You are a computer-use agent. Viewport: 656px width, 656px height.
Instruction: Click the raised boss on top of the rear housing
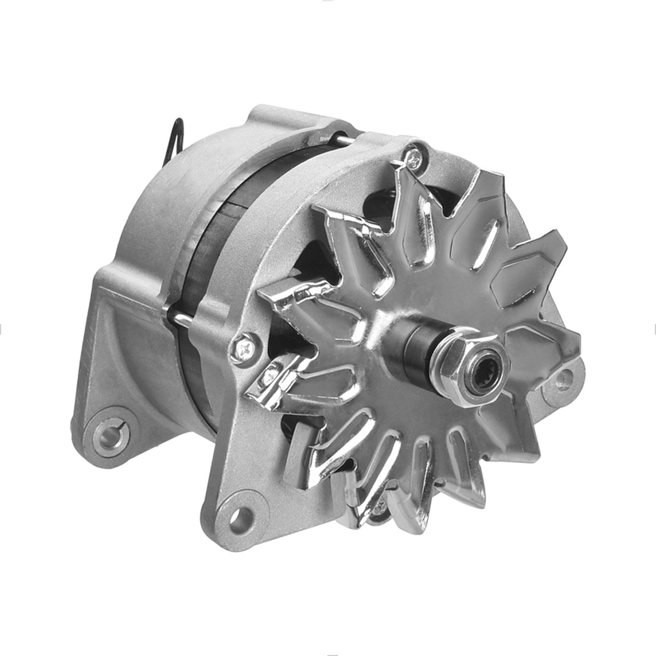pos(284,118)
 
